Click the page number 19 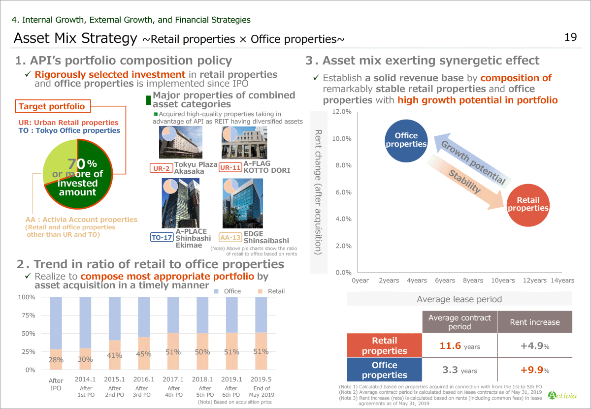pyautogui.click(x=570, y=38)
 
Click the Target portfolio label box pyautogui.click(x=51, y=106)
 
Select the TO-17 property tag pyautogui.click(x=162, y=237)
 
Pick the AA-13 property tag pyautogui.click(x=230, y=237)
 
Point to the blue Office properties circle pyautogui.click(x=406, y=140)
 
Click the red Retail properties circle pyautogui.click(x=528, y=204)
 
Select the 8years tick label pyautogui.click(x=473, y=281)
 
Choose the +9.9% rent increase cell pyautogui.click(x=534, y=370)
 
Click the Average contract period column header pyautogui.click(x=460, y=322)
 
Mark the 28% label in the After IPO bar pyautogui.click(x=56, y=360)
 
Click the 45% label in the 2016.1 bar pyautogui.click(x=144, y=354)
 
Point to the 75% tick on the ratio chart pyautogui.click(x=27, y=315)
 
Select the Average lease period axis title pyautogui.click(x=459, y=299)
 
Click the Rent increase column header pyautogui.click(x=534, y=322)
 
